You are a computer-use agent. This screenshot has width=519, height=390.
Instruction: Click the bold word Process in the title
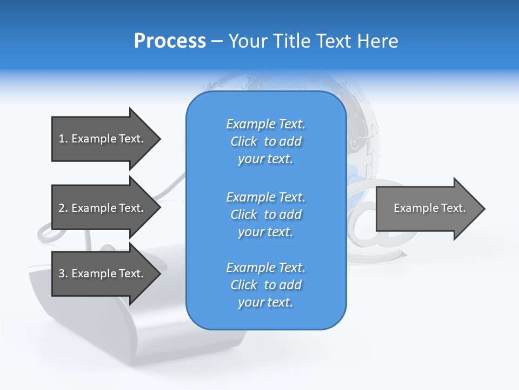170,41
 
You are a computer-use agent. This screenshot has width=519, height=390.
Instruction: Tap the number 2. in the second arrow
63,208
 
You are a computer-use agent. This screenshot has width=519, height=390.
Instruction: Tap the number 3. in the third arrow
63,274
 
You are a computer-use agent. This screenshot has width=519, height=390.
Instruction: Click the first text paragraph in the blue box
265,141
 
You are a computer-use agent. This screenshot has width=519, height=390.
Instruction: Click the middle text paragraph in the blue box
265,214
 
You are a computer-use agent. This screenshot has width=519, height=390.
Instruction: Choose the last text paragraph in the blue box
265,285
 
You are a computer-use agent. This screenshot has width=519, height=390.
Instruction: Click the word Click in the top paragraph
244,141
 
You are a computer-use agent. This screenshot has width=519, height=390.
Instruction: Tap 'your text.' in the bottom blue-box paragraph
265,302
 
